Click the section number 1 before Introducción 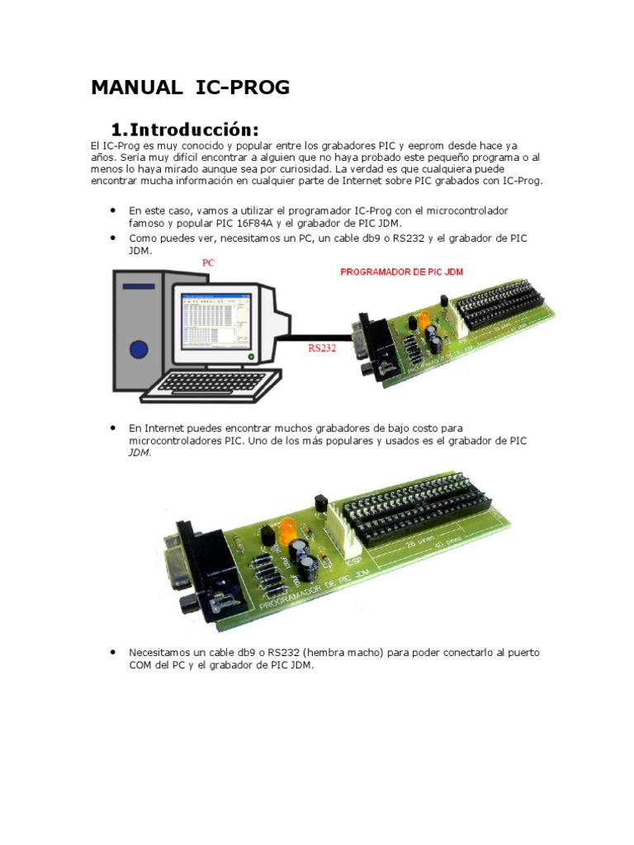click(x=117, y=130)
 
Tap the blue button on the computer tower click(x=139, y=347)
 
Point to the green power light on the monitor click(x=249, y=357)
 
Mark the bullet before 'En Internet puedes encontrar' click(x=111, y=428)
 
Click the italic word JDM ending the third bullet click(x=140, y=453)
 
